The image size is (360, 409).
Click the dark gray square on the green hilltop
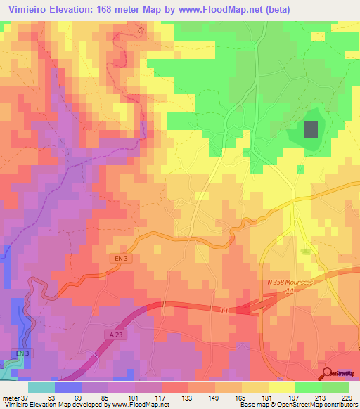click(x=310, y=129)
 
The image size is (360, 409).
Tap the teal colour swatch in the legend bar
click(x=41, y=387)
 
